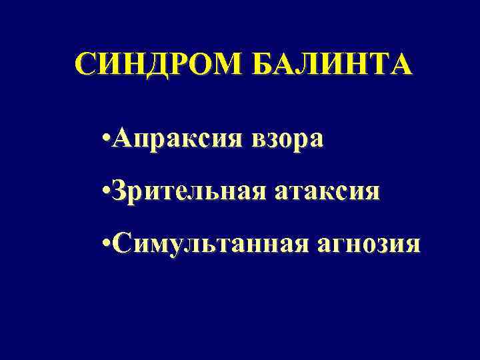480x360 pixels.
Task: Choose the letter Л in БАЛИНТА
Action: point(310,65)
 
